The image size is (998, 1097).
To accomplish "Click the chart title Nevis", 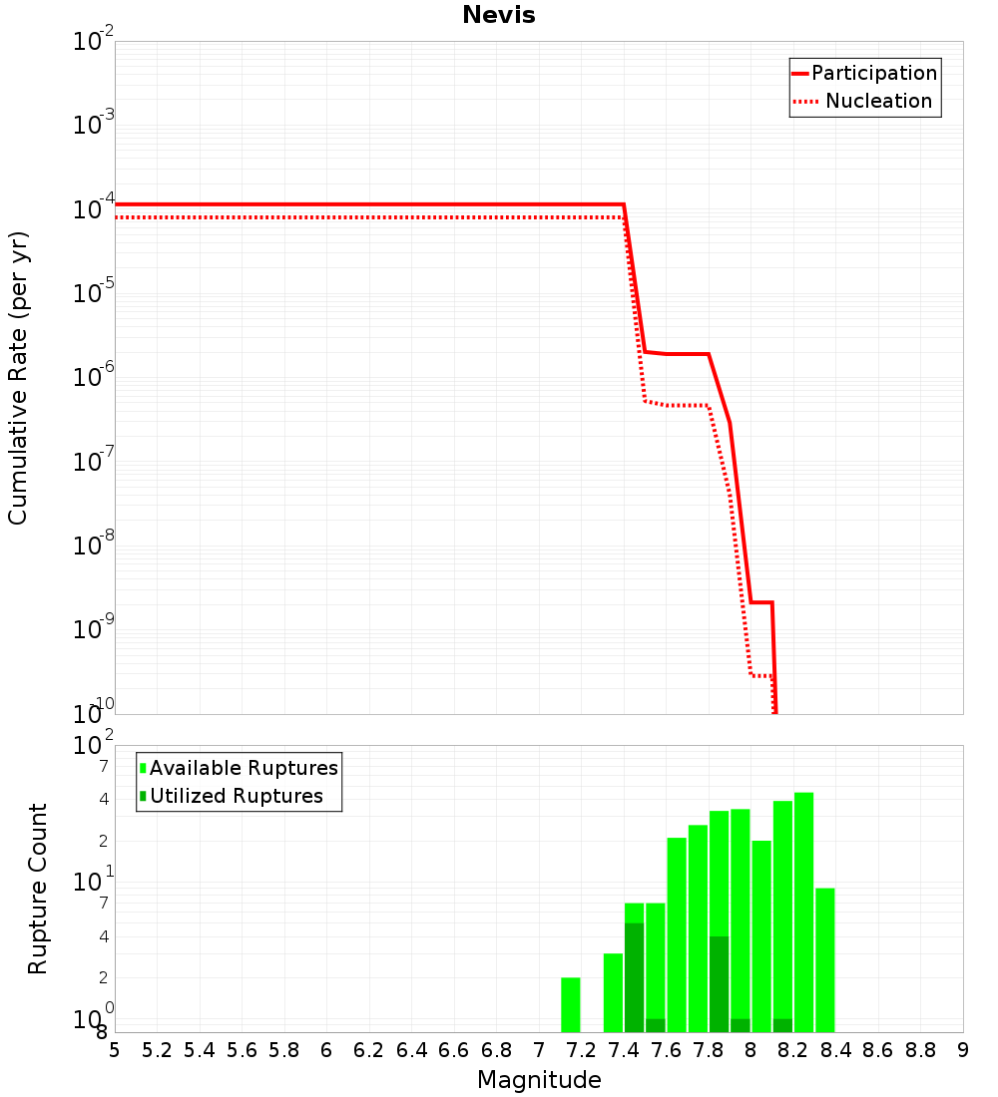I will click(498, 15).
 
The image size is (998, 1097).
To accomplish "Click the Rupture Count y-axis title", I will click(38, 889).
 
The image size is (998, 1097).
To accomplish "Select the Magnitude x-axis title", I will click(539, 1080).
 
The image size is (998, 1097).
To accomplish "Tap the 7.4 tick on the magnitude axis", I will click(624, 1050).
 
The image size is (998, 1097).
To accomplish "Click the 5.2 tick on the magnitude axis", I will click(157, 1050).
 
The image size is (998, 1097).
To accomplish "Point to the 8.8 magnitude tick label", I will click(920, 1050).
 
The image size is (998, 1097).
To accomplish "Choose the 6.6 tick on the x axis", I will click(454, 1050).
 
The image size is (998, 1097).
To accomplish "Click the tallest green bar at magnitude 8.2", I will click(804, 913).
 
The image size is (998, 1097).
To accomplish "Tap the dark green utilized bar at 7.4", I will click(634, 977).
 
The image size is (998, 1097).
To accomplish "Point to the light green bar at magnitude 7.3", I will click(613, 993).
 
